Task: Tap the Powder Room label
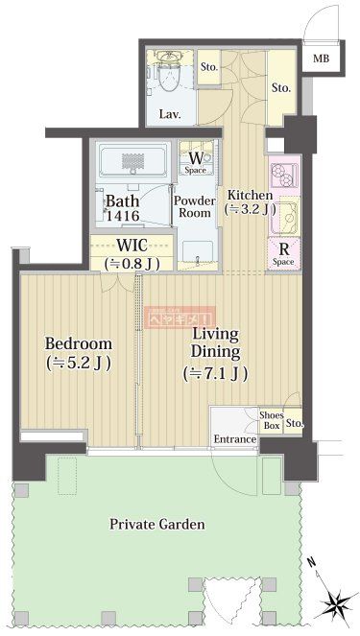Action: [194, 206]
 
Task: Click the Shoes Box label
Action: [271, 419]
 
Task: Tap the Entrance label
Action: [234, 439]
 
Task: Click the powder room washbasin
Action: [196, 253]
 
